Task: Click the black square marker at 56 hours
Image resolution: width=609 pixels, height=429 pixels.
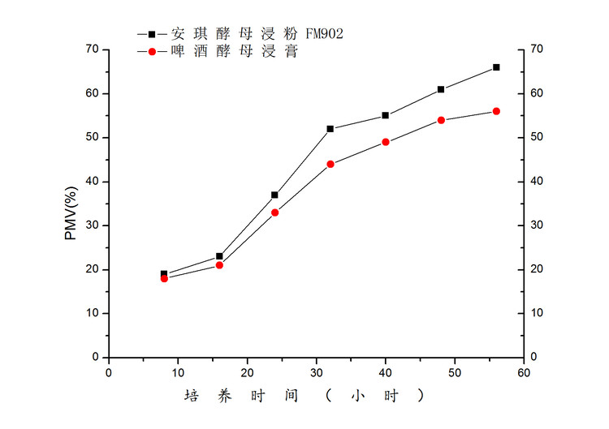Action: [x=496, y=67]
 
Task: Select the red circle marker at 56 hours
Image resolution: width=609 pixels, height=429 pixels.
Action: [x=496, y=111]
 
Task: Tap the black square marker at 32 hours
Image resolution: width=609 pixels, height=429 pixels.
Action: [x=330, y=129]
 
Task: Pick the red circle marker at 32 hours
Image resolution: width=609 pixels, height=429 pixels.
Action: [x=330, y=164]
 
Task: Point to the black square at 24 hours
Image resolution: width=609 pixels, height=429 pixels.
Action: [x=274, y=195]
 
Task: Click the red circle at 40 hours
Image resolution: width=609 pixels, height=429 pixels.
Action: [x=386, y=142]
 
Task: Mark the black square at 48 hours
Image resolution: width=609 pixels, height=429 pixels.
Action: [x=441, y=89]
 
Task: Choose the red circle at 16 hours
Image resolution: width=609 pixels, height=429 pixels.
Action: [x=219, y=265]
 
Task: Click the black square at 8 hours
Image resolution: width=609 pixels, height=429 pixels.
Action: [x=164, y=274]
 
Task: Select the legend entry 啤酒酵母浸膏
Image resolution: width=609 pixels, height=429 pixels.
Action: [x=234, y=52]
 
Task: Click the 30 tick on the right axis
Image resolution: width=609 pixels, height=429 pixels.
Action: [x=537, y=225]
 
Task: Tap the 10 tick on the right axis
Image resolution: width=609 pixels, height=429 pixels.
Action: [x=537, y=313]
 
